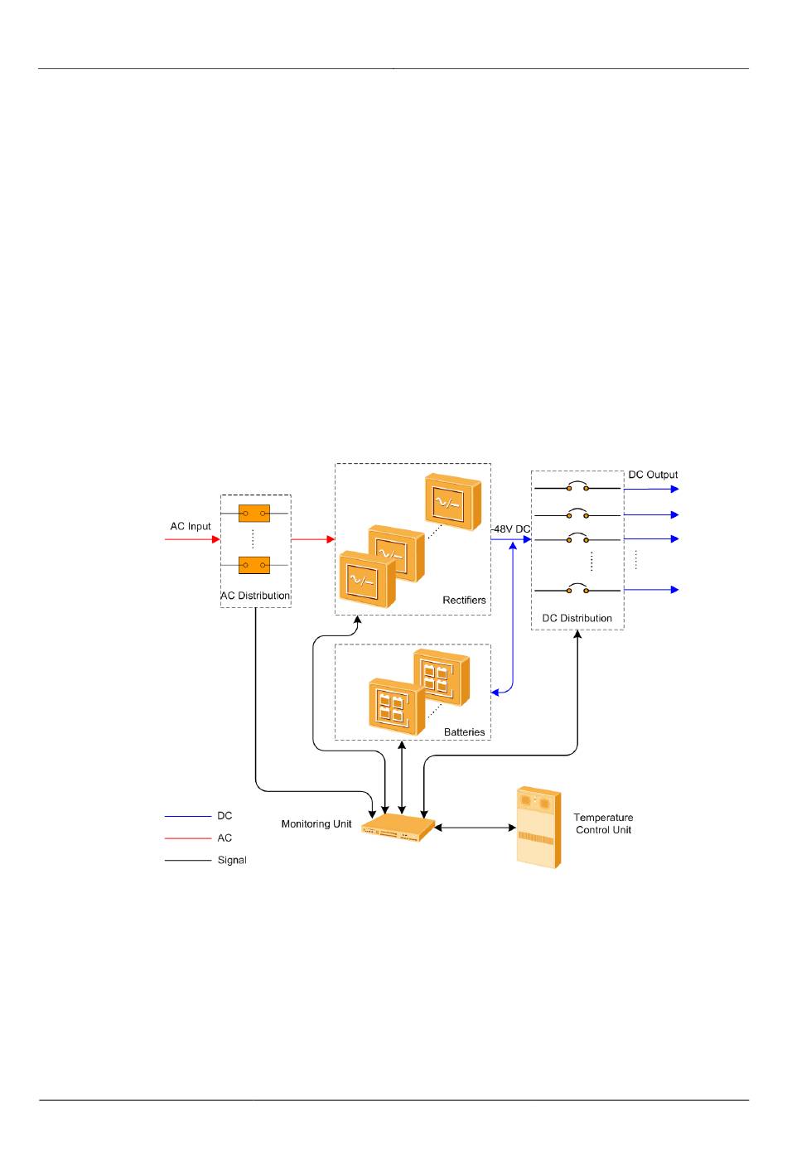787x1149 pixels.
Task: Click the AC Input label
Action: click(x=191, y=526)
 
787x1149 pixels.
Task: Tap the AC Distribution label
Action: click(x=255, y=596)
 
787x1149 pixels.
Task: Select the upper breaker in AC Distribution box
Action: click(x=254, y=514)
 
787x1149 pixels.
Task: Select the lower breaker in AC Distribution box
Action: click(x=254, y=565)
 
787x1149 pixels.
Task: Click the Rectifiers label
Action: click(x=464, y=600)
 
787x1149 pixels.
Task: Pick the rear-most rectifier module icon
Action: click(x=452, y=502)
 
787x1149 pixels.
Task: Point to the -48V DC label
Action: click(x=510, y=529)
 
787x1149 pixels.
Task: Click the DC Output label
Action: click(x=653, y=475)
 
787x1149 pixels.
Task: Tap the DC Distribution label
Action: click(x=577, y=618)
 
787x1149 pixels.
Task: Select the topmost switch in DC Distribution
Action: click(x=577, y=488)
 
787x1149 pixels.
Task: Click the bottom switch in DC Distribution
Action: click(x=577, y=590)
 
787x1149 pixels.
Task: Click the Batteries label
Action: click(x=464, y=732)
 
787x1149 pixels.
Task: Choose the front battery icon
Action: click(x=395, y=707)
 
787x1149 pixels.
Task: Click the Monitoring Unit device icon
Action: click(x=399, y=828)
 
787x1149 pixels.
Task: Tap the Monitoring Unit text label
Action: click(x=316, y=824)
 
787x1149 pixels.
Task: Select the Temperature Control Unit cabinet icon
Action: click(x=538, y=827)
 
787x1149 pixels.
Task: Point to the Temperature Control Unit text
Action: click(x=603, y=823)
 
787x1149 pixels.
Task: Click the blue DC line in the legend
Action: click(x=188, y=817)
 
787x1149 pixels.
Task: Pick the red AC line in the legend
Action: click(x=188, y=838)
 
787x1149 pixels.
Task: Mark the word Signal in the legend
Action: click(x=232, y=860)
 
